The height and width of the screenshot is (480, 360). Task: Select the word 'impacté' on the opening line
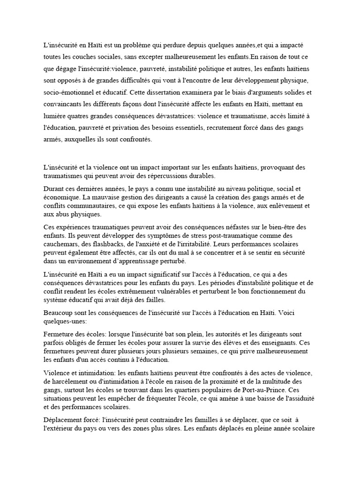[x=302, y=45]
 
